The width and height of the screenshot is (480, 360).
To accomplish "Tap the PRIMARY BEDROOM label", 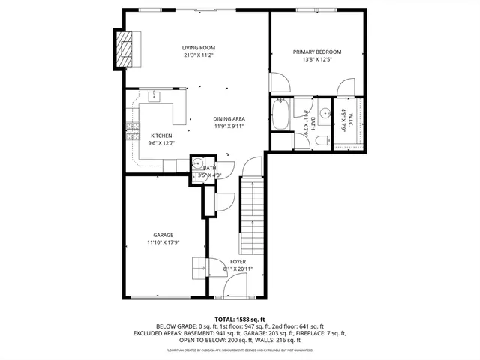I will tap(316, 52).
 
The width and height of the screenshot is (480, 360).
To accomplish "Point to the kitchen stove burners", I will tap(133, 131).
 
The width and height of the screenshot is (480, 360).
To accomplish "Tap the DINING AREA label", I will tap(229, 118).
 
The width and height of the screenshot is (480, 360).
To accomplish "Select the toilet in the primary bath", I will tap(320, 140).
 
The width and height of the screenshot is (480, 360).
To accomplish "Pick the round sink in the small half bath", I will tap(198, 163).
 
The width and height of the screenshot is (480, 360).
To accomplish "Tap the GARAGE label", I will tap(163, 235).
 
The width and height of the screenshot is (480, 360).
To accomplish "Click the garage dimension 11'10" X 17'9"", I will tap(163, 243).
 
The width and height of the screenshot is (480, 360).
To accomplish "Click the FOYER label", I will tap(238, 261).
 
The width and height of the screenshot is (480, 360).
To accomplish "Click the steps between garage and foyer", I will tap(200, 267).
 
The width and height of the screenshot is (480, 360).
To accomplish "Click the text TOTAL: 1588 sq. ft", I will tap(239, 319).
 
